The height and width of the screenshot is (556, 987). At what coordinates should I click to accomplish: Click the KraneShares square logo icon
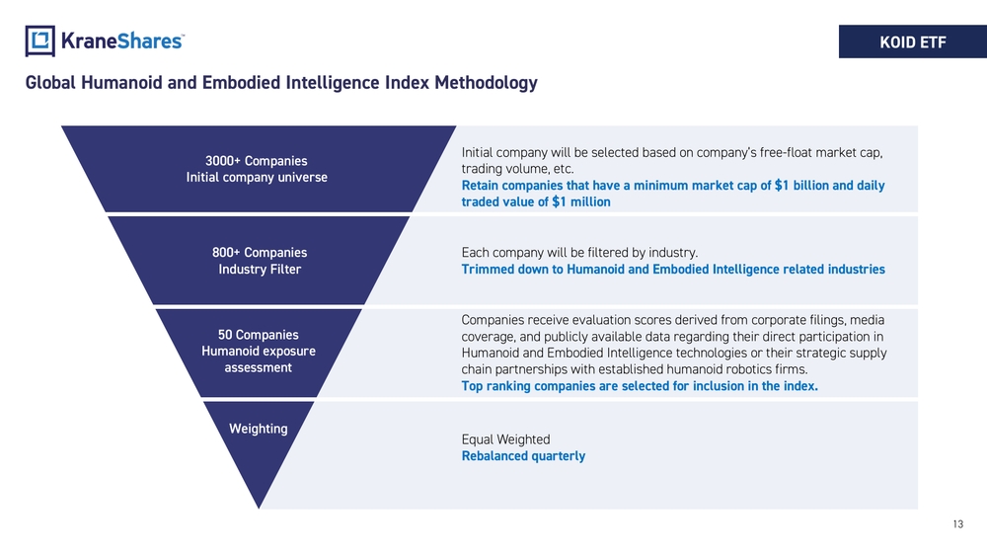click(x=39, y=40)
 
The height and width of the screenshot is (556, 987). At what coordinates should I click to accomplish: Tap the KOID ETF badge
click(x=913, y=41)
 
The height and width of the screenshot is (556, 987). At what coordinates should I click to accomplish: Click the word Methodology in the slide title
click(x=486, y=83)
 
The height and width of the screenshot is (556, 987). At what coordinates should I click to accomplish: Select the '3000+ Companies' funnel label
click(x=257, y=161)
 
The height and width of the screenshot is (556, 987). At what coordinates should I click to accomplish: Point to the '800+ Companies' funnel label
click(x=260, y=253)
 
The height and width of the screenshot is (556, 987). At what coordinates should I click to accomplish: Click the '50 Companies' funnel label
click(x=258, y=335)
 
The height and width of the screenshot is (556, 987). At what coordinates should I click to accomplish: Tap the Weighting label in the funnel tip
click(x=258, y=429)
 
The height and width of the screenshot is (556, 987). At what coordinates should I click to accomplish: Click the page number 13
click(x=958, y=523)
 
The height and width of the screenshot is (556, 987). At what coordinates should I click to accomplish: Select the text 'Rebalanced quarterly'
click(x=523, y=456)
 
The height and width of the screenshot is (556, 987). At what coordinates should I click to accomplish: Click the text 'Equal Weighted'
click(x=505, y=439)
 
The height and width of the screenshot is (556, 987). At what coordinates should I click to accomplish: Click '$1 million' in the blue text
click(x=581, y=201)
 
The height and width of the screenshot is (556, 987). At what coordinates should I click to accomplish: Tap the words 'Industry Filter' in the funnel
click(x=260, y=269)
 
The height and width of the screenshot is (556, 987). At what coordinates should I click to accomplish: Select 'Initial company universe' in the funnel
click(x=257, y=177)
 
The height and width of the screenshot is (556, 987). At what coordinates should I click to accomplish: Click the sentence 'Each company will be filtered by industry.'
click(x=579, y=253)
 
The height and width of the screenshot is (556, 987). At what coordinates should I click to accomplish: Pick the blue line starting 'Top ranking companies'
click(x=640, y=386)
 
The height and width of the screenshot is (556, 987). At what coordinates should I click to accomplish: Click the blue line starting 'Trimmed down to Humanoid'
click(x=673, y=269)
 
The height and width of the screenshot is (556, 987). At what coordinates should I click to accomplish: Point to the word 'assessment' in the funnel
click(x=258, y=367)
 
